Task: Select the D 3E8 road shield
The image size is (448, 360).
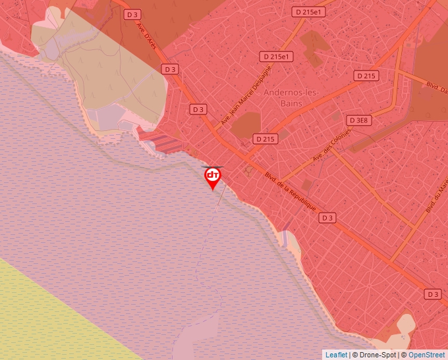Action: (x=360, y=120)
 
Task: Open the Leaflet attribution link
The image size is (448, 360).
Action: (x=335, y=355)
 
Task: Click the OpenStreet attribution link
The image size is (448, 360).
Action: (x=428, y=355)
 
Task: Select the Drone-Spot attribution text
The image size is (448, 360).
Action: (x=375, y=355)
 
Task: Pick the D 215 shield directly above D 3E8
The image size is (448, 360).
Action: (x=366, y=76)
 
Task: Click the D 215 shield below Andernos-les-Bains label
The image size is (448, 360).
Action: (x=265, y=139)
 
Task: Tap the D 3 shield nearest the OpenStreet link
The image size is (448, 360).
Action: (x=432, y=294)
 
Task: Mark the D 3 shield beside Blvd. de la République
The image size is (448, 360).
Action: (x=327, y=217)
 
